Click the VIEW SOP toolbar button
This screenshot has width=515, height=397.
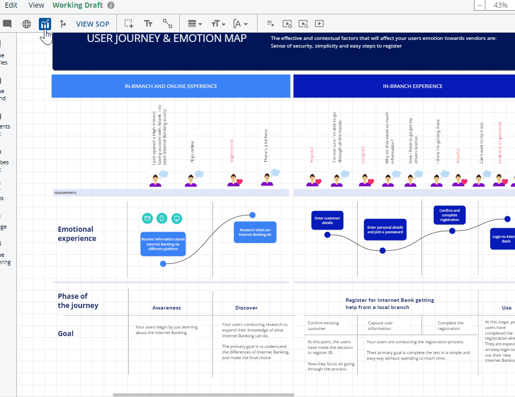click(92, 24)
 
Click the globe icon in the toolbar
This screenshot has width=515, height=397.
click(27, 24)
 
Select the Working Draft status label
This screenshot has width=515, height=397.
click(78, 5)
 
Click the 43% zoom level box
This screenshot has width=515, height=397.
click(500, 5)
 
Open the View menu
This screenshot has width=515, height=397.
click(36, 5)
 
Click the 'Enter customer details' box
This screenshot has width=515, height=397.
click(327, 220)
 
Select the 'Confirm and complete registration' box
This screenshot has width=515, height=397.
click(449, 215)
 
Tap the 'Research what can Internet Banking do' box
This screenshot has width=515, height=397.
click(255, 232)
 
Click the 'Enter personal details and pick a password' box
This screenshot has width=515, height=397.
click(385, 230)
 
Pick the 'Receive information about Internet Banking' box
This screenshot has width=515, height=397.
click(163, 244)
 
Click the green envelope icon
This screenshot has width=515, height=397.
click(147, 218)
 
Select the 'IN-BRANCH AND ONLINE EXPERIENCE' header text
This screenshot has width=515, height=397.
click(171, 86)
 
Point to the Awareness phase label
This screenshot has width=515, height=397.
click(167, 308)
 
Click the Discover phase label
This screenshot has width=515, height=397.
click(246, 308)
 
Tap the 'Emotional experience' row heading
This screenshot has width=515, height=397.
click(77, 234)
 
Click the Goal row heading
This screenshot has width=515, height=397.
click(66, 334)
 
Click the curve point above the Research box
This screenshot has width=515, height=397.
click(252, 215)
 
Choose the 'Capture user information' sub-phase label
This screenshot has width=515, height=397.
click(381, 325)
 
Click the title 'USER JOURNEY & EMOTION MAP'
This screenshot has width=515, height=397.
click(167, 38)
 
